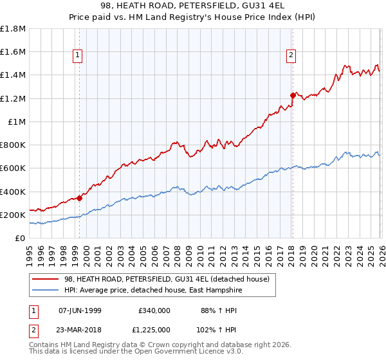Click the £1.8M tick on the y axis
click(13, 28)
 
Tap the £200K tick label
click(13, 215)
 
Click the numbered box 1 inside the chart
click(77, 56)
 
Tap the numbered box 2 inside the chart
click(291, 56)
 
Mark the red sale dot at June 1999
click(80, 198)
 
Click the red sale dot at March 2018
click(293, 95)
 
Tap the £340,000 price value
click(154, 310)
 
